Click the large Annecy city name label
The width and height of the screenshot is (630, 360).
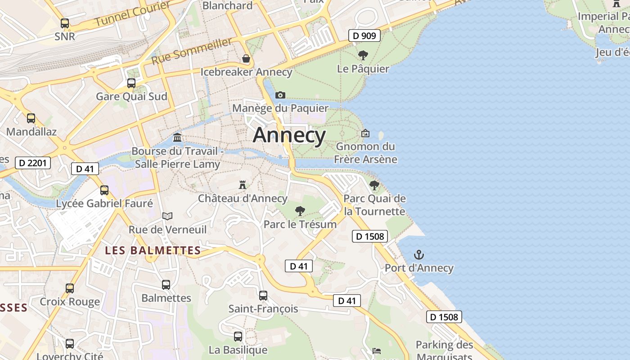click(289, 135)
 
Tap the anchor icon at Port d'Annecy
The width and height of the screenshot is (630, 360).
click(419, 255)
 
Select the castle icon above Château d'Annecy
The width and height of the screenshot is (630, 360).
click(243, 184)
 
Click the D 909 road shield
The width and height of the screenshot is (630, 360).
click(364, 36)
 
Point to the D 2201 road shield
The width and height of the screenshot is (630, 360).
click(33, 162)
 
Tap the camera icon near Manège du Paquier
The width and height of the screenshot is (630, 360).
click(280, 95)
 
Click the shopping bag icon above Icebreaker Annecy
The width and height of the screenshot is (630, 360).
click(246, 58)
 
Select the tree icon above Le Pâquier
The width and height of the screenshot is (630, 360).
click(363, 55)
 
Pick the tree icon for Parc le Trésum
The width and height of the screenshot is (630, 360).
click(300, 211)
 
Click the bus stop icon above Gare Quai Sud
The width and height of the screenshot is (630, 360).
click(131, 83)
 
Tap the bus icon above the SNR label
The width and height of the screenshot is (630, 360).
click(65, 23)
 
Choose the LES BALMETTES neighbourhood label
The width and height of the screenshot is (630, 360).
click(153, 250)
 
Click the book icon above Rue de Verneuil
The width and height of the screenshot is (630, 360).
click(167, 216)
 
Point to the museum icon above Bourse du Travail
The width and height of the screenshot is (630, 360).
click(177, 137)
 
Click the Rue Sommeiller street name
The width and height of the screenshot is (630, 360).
click(192, 51)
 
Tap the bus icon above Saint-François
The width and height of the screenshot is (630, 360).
click(263, 296)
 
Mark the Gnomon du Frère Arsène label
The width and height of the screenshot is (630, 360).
click(366, 153)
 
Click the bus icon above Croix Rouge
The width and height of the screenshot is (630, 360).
click(70, 288)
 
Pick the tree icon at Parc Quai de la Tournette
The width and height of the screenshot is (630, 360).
click(374, 185)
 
